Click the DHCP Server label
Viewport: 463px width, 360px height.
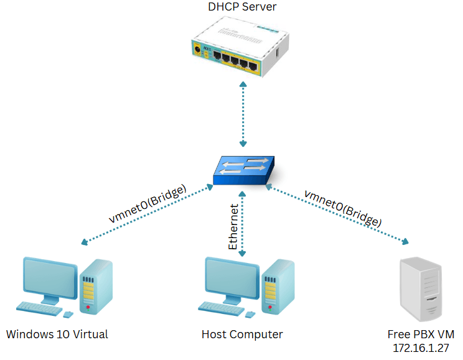(x=242, y=7)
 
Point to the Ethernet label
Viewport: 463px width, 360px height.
(x=233, y=226)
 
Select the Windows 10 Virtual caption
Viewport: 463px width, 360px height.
(x=57, y=335)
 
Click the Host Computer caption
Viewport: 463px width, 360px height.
(x=242, y=335)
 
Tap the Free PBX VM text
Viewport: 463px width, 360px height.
(x=418, y=335)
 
